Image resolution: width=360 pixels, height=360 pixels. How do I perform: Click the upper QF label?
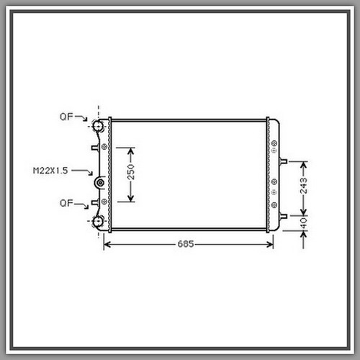(66, 117)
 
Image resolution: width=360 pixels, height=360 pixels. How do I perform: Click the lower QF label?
(66, 203)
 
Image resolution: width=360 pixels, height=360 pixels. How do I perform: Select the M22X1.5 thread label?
(50, 171)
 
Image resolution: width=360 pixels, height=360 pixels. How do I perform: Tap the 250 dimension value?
(131, 172)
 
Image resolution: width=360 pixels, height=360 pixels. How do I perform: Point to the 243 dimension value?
(304, 186)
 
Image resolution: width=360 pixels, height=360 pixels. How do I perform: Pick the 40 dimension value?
(304, 223)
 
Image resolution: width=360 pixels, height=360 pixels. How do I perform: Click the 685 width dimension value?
(186, 244)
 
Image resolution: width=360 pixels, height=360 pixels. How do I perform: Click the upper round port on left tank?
(98, 125)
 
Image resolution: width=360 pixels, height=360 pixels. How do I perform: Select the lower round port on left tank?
(98, 222)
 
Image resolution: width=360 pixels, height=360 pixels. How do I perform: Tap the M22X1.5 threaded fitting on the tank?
(99, 183)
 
